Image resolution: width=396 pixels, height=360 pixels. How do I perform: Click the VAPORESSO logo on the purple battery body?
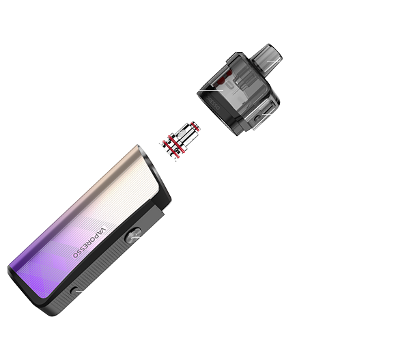[x=89, y=243]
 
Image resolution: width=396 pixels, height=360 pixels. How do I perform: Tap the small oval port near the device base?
[x=74, y=290]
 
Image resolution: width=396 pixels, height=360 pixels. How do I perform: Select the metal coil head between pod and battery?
[x=180, y=141]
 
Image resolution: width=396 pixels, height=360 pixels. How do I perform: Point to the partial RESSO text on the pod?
[x=213, y=102]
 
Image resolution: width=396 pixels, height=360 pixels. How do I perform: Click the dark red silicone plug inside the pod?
[x=221, y=81]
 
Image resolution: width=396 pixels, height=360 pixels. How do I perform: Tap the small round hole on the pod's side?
[x=257, y=118]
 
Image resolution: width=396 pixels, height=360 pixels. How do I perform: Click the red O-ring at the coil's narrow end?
[x=195, y=126]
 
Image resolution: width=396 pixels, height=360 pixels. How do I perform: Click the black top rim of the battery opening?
[x=154, y=175]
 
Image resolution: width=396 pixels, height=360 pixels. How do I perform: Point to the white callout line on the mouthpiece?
[x=273, y=61]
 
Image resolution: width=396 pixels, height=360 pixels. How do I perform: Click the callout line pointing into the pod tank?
[x=211, y=90]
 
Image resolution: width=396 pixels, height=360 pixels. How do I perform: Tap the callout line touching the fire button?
[x=135, y=237]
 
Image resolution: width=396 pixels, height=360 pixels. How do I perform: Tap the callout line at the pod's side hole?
[x=267, y=115]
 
